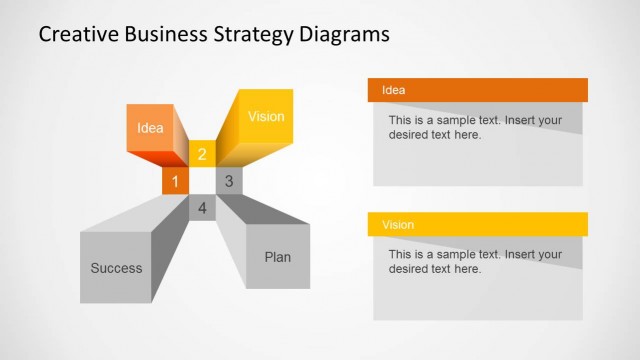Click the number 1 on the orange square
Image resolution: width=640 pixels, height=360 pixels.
(x=175, y=181)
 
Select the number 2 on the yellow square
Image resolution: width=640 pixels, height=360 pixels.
(x=202, y=154)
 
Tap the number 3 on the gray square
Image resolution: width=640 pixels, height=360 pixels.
(x=229, y=181)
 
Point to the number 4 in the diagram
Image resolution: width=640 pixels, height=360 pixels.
(x=202, y=208)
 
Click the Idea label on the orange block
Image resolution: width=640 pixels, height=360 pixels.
(x=150, y=128)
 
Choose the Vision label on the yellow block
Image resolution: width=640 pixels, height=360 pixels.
(x=266, y=117)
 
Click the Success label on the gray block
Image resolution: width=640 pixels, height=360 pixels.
(x=116, y=268)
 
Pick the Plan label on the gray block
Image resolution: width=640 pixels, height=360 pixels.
(x=278, y=257)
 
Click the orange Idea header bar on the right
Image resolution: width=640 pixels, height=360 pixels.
(x=477, y=90)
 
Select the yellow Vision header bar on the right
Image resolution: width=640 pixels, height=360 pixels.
(x=477, y=225)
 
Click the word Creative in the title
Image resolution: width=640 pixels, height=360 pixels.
(x=80, y=35)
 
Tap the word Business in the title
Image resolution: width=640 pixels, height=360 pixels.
(x=169, y=35)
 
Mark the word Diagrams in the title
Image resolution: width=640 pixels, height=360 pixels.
(x=344, y=35)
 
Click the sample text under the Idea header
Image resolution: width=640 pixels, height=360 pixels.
(x=475, y=127)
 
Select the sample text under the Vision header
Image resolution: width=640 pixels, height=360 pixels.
(x=475, y=261)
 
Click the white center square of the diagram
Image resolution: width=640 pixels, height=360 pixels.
(x=202, y=181)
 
